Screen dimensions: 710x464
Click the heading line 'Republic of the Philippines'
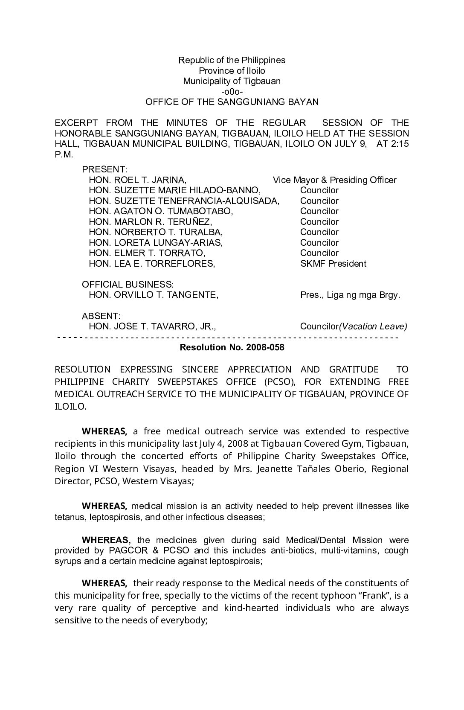232,60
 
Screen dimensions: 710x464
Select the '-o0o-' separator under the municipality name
232,92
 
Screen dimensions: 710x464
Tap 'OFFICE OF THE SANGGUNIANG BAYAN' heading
232,102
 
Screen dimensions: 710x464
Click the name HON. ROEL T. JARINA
137,180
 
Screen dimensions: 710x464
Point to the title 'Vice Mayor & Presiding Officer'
334,180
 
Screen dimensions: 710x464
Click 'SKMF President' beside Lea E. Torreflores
333,264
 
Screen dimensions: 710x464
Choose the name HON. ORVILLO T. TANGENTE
154,295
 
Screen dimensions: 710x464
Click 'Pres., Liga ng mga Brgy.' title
350,295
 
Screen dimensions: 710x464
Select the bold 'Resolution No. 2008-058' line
232,347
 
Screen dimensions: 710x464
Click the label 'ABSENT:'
101,316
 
